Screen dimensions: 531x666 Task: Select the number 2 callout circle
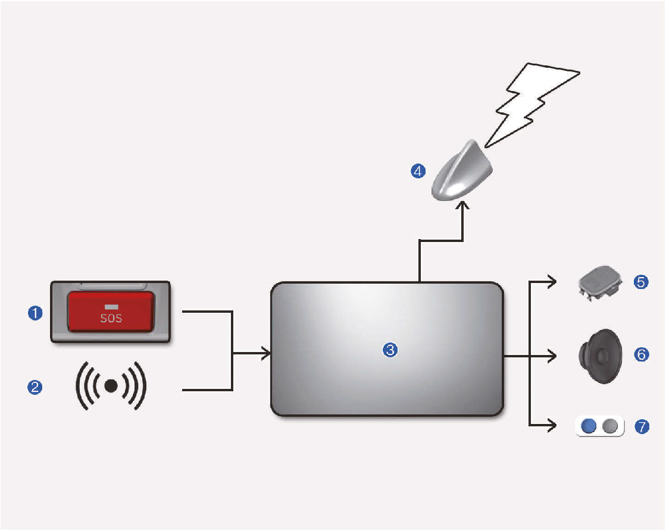pos(36,387)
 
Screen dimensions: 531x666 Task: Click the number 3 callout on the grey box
pos(389,351)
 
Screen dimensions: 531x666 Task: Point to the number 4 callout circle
pos(418,171)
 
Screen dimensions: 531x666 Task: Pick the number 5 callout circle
pos(641,282)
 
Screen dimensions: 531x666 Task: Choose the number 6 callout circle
pos(641,355)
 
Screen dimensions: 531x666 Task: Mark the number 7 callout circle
pos(641,427)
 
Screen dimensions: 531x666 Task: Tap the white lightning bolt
pos(533,101)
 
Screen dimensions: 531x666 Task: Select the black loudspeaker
pos(601,356)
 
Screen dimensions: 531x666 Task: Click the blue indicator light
pos(589,426)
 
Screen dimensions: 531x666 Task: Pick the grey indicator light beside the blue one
pos(611,426)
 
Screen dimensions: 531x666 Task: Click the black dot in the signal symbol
pos(111,386)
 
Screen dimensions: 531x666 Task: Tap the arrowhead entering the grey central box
pos(267,354)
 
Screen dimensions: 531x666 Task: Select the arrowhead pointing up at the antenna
pos(463,205)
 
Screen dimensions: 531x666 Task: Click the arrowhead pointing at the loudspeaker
pos(552,356)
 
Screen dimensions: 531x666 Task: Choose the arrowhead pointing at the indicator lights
pos(552,426)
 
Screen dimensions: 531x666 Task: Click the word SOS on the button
pos(111,318)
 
